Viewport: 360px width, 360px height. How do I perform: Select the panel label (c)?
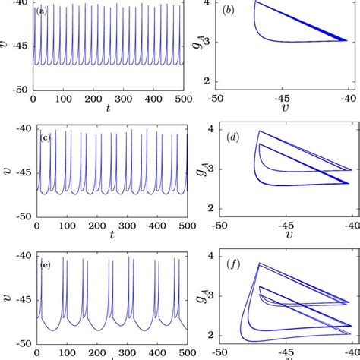pos(45,138)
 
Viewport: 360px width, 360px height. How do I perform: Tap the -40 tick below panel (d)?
pos(353,225)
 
